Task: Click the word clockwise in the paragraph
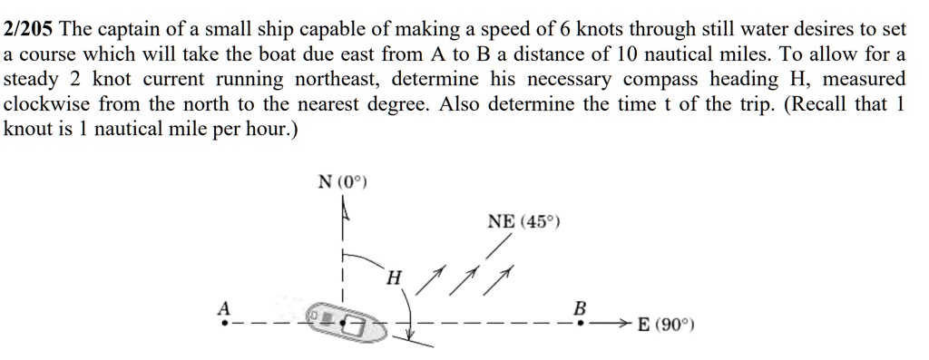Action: tap(46, 104)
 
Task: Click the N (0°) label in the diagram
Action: tap(342, 182)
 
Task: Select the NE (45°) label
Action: tap(524, 221)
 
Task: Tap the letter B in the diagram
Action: tap(581, 306)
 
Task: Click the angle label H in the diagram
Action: tap(392, 277)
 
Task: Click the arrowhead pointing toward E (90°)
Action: tap(624, 322)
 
